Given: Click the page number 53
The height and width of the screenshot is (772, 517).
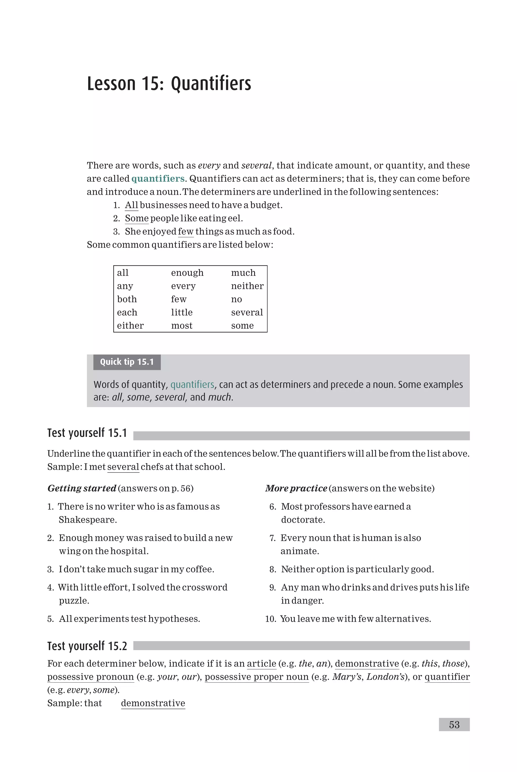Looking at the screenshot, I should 454,725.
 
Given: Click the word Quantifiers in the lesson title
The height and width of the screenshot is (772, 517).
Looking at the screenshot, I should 211,83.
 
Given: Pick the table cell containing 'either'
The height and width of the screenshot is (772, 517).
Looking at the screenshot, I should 130,326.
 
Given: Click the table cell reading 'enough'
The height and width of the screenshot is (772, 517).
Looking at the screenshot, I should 187,273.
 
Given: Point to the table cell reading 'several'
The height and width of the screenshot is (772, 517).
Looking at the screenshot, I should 247,312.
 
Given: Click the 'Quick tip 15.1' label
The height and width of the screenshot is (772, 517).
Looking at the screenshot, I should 127,362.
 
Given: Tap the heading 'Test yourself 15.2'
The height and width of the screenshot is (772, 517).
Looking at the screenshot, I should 87,646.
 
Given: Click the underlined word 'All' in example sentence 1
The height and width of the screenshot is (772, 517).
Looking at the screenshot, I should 131,205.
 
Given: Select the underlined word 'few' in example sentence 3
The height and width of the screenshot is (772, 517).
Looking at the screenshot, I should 186,232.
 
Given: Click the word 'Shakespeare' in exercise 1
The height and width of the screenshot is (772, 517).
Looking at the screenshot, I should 87,520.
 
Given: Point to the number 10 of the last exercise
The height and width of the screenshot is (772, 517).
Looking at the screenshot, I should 270,619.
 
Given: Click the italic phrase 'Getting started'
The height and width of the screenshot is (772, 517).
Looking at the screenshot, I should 82,488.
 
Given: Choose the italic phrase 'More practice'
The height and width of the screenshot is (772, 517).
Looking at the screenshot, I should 296,488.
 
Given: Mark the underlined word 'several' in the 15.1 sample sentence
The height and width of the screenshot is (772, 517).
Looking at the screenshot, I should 123,467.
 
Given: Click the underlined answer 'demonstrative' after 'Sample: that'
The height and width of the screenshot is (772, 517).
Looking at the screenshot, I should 153,703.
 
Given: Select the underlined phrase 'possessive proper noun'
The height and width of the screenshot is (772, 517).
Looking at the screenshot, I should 256,677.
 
